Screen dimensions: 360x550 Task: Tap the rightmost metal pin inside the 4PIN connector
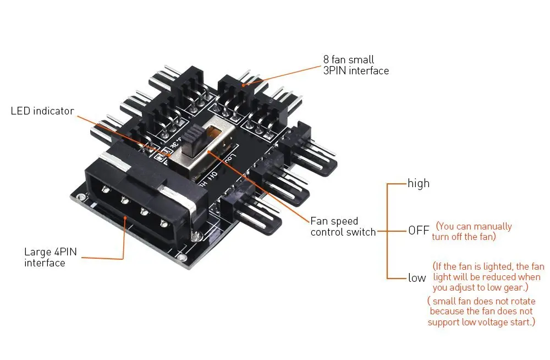tap(164, 222)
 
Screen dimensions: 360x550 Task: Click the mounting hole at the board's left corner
tap(81, 197)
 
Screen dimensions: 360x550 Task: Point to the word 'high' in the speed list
tap(418, 183)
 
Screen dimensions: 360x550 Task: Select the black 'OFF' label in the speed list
tap(418, 230)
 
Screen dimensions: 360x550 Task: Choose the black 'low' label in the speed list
tap(417, 278)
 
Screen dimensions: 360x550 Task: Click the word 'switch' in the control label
tap(360, 232)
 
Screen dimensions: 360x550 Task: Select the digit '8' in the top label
tap(326, 59)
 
